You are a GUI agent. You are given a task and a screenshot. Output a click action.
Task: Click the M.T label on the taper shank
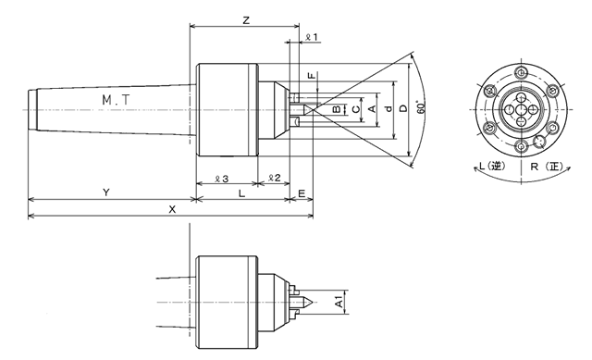(116, 100)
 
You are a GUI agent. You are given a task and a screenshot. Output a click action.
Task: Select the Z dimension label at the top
(246, 20)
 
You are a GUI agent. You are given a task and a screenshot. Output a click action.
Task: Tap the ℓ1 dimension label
(312, 37)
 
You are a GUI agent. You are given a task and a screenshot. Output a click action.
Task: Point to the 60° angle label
(421, 107)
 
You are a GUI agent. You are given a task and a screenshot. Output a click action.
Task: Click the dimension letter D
(403, 108)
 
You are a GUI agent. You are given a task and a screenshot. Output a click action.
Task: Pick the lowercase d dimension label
(388, 109)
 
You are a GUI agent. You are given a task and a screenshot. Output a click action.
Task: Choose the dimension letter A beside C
(372, 109)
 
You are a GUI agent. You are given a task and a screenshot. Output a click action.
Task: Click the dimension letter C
(355, 109)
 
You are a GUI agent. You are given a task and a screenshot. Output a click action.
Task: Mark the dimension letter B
(337, 109)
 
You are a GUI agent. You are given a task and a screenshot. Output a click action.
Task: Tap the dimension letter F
(312, 76)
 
